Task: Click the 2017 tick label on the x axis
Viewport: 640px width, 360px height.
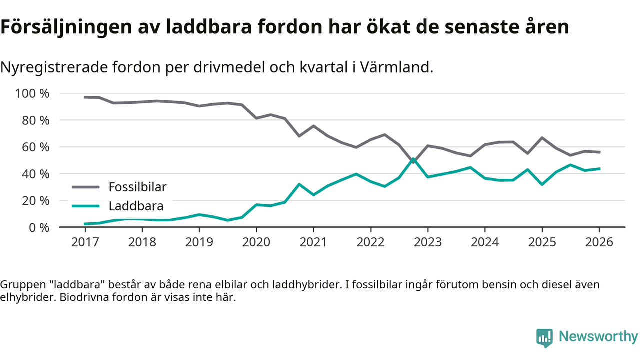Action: [85, 242]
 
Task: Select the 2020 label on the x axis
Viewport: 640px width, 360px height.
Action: [256, 242]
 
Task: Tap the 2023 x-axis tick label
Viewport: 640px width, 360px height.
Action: [428, 242]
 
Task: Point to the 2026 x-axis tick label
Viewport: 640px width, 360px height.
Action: [599, 242]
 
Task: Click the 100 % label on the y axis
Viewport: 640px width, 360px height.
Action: [32, 94]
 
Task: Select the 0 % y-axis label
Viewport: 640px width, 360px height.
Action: [38, 227]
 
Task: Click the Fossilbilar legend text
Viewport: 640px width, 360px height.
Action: [137, 187]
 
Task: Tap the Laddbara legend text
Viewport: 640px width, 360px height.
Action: [136, 206]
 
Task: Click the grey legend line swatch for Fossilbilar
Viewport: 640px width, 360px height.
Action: [86, 187]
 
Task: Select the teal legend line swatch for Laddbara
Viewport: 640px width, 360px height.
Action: [86, 206]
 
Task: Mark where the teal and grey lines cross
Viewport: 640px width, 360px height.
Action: [413, 160]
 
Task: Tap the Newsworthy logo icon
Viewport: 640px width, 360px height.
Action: [544, 337]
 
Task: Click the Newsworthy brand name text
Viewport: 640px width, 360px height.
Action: [598, 337]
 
